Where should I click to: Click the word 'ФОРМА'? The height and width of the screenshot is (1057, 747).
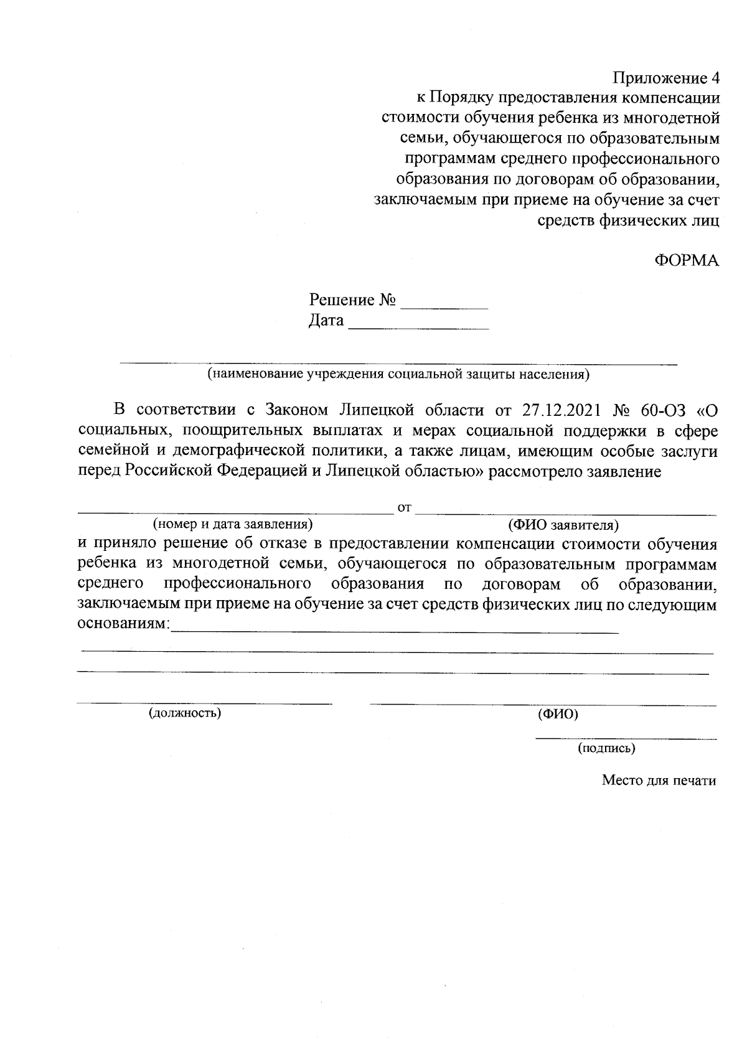687,260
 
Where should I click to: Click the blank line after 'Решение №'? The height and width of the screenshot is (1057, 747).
444,308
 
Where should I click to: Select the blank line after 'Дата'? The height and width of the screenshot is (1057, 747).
418,328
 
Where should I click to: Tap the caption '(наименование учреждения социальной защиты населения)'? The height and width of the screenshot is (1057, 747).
398,375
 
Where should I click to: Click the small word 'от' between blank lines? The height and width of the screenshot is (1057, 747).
405,508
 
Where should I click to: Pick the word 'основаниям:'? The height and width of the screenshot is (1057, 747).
123,624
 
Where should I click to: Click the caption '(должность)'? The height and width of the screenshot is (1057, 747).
185,712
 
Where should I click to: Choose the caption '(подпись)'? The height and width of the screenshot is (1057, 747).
606,748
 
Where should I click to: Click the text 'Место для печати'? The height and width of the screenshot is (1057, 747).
659,781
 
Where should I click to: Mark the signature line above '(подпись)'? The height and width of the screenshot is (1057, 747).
626,739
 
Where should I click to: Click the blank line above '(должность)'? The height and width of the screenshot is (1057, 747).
204,703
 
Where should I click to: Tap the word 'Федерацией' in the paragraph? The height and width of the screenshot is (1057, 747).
261,471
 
